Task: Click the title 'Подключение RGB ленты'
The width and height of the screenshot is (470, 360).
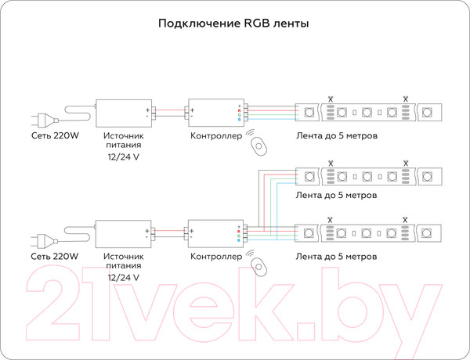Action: pos(233,23)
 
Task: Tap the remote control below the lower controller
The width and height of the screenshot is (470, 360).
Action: pos(258,266)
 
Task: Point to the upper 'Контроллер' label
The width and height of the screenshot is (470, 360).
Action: pos(215,136)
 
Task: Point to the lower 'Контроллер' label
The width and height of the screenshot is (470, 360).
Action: pos(215,257)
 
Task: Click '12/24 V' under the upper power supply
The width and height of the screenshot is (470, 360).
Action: pos(123,157)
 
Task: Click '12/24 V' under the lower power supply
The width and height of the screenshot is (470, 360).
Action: pos(123,278)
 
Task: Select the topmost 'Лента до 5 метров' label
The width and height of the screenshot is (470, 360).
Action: pos(338,136)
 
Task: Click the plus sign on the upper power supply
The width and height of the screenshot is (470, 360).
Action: pos(146,110)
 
